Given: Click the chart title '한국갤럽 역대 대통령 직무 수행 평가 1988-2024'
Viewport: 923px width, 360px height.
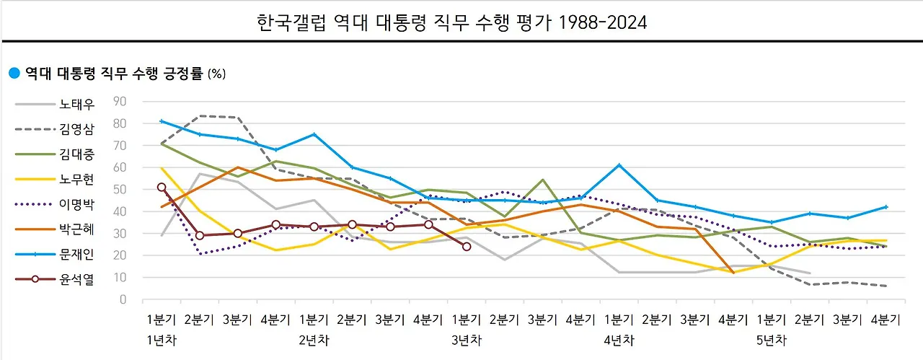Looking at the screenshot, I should [x=452, y=23].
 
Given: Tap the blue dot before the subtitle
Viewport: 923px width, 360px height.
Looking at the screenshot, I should [x=13, y=73].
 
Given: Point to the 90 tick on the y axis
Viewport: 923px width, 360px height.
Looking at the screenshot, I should [x=120, y=101].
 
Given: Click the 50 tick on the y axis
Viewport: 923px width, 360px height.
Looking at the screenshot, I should [x=120, y=189].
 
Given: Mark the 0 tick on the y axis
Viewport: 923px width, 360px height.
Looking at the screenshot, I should [x=123, y=299].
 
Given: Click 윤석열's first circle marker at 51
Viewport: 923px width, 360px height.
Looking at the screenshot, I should [x=162, y=187].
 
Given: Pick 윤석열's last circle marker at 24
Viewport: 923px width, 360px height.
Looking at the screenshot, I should [x=467, y=247].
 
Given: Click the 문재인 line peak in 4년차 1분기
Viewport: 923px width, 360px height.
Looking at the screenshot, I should [x=618, y=165].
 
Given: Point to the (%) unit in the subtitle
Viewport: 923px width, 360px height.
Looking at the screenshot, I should [x=216, y=74].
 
